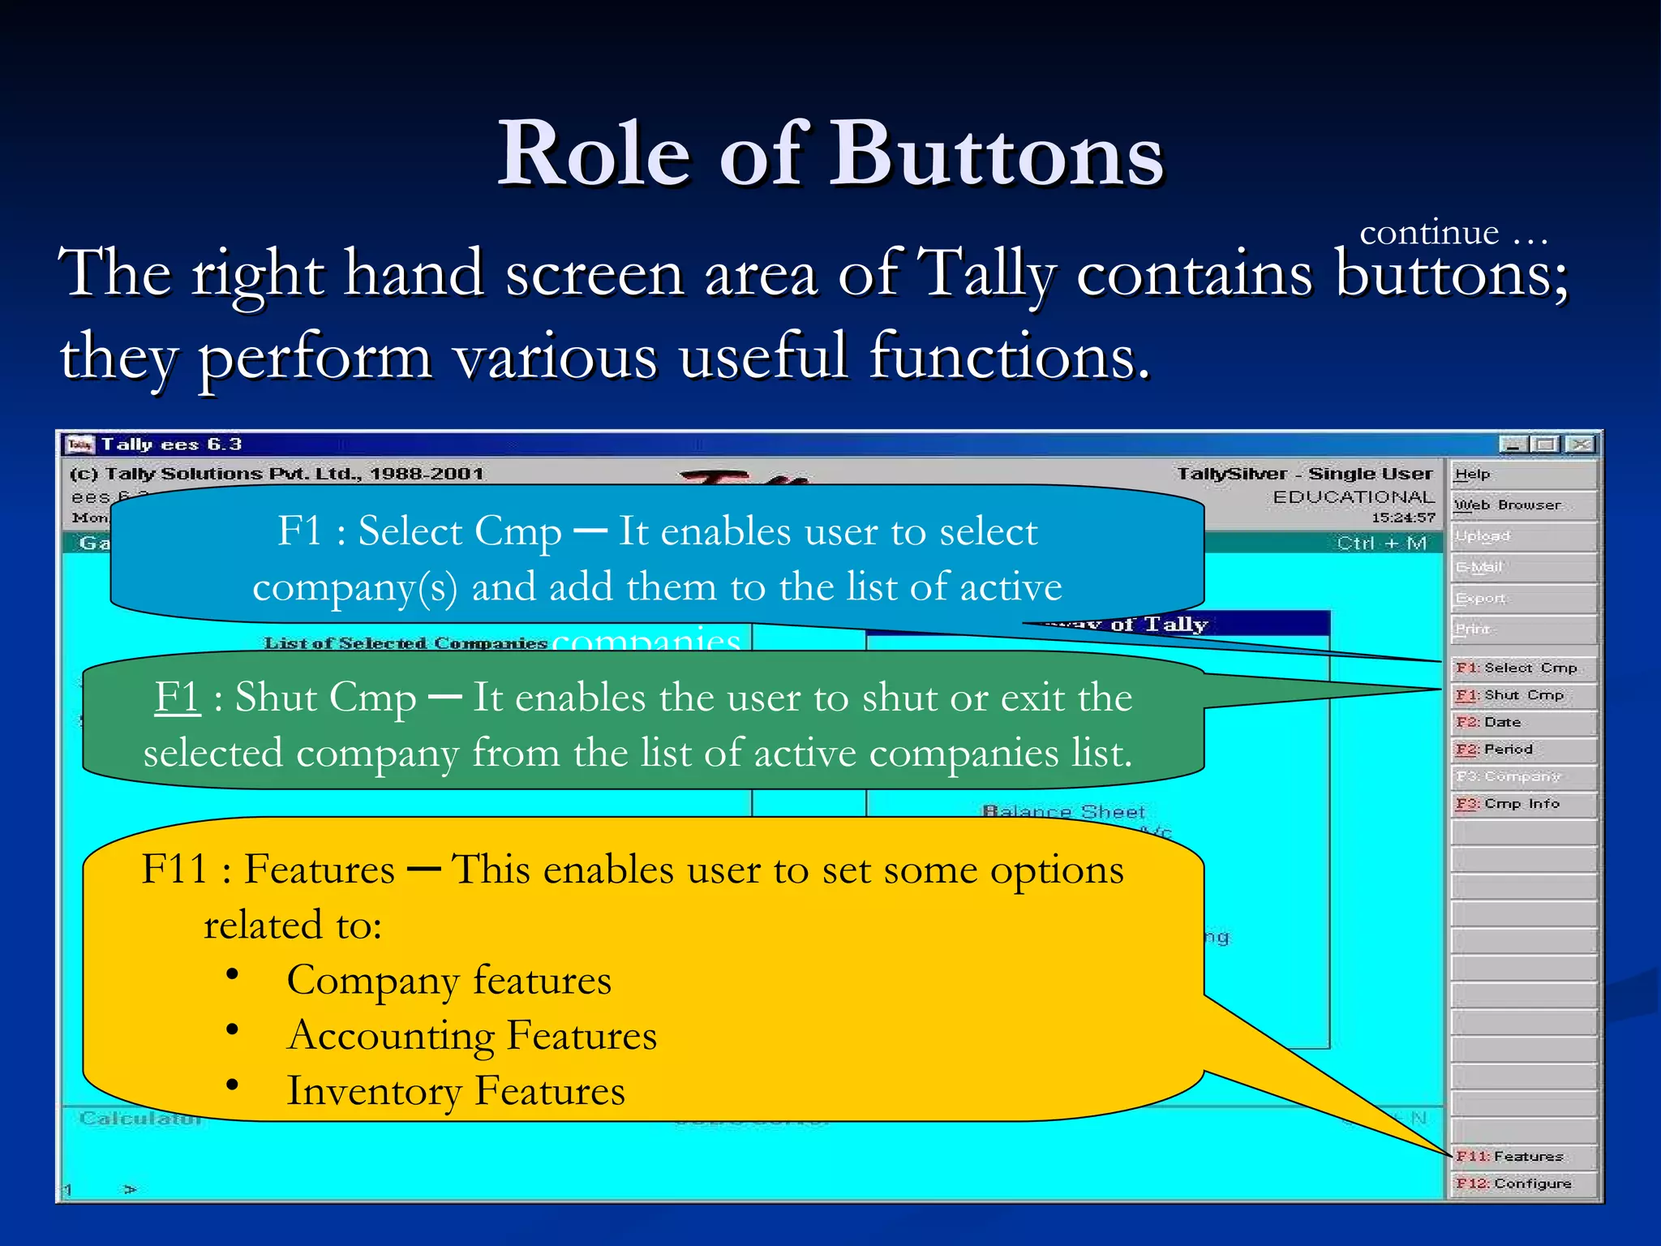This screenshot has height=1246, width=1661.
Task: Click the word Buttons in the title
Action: (994, 154)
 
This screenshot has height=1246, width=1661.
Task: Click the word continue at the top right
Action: (1428, 233)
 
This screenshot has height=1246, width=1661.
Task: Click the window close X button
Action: (1578, 445)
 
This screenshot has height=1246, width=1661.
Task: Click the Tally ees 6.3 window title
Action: (171, 445)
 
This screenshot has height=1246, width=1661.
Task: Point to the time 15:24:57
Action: (1402, 518)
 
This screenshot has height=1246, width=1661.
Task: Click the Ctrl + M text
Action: (1381, 543)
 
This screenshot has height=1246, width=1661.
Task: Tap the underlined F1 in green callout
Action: (177, 697)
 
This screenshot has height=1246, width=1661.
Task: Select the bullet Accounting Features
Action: (471, 1036)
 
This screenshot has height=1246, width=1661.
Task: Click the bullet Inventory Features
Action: (456, 1091)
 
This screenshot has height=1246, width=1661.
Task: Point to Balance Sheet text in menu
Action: (1062, 812)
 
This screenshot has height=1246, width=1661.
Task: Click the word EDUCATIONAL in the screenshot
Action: (1352, 496)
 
